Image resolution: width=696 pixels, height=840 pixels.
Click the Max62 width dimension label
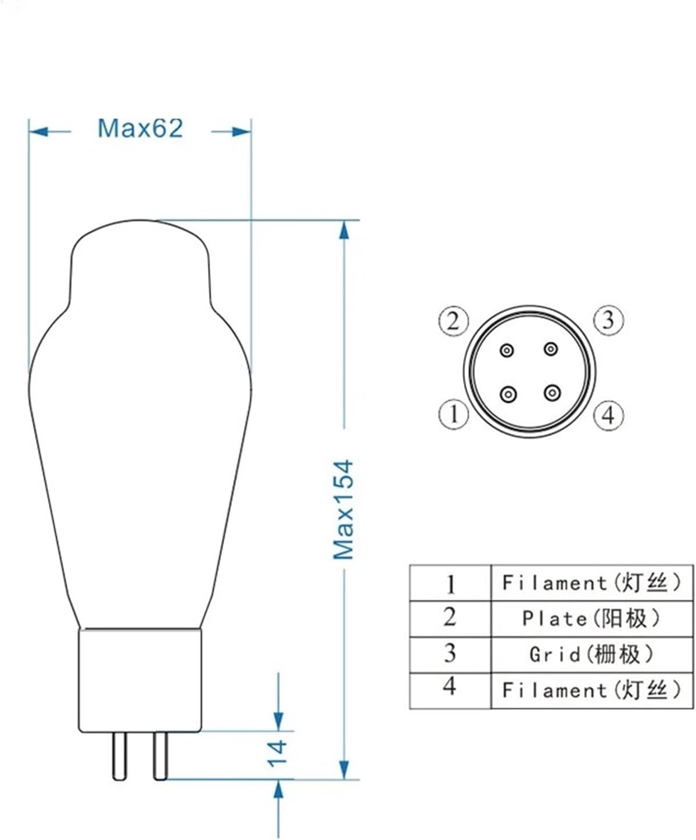click(x=140, y=128)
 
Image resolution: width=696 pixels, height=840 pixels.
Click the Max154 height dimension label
click(x=343, y=509)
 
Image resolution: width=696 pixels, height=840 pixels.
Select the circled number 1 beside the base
click(x=453, y=415)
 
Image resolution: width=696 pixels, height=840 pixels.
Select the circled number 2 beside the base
click(x=453, y=321)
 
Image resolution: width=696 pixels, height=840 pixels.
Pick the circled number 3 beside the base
click(x=608, y=320)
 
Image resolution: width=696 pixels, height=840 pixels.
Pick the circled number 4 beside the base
click(x=608, y=415)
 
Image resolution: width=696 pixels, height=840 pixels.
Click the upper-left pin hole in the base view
click(x=508, y=350)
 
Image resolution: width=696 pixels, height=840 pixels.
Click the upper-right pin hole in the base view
click(x=550, y=349)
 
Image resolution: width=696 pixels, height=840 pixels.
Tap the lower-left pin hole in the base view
click(x=508, y=394)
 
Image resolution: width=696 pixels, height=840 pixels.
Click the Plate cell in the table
click(x=591, y=619)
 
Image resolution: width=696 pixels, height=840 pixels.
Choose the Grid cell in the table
click(x=591, y=655)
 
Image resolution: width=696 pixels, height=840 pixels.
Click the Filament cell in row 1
click(x=591, y=582)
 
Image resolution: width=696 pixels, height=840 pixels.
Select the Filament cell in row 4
click(x=591, y=690)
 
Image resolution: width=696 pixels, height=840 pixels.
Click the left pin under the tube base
click(x=120, y=755)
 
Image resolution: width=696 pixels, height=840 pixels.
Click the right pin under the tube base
click(x=160, y=755)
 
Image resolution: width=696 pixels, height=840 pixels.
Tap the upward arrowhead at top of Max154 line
click(x=345, y=230)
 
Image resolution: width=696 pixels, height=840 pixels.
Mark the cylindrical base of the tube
click(x=140, y=680)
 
